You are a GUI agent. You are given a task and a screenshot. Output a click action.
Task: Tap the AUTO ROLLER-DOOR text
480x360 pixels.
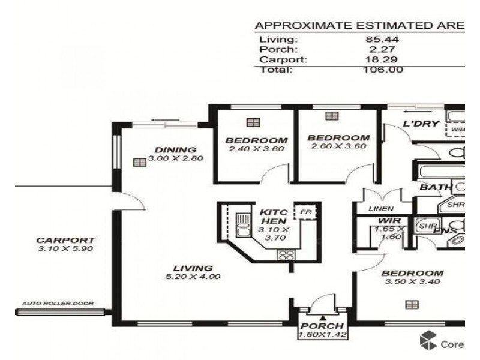click(58, 304)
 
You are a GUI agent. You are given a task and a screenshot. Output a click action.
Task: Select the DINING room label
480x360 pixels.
click(175, 149)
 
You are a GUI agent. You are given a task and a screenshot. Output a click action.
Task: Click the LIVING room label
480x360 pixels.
click(193, 268)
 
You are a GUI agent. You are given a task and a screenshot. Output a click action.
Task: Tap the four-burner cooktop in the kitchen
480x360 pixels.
click(284, 254)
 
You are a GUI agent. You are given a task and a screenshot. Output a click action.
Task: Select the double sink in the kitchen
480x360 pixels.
click(244, 226)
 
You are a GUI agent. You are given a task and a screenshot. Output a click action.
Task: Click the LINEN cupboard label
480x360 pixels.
click(382, 209)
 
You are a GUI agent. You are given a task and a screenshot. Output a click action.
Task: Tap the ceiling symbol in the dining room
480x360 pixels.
click(140, 161)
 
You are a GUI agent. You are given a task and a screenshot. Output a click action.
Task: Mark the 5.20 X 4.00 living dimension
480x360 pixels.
click(193, 277)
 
